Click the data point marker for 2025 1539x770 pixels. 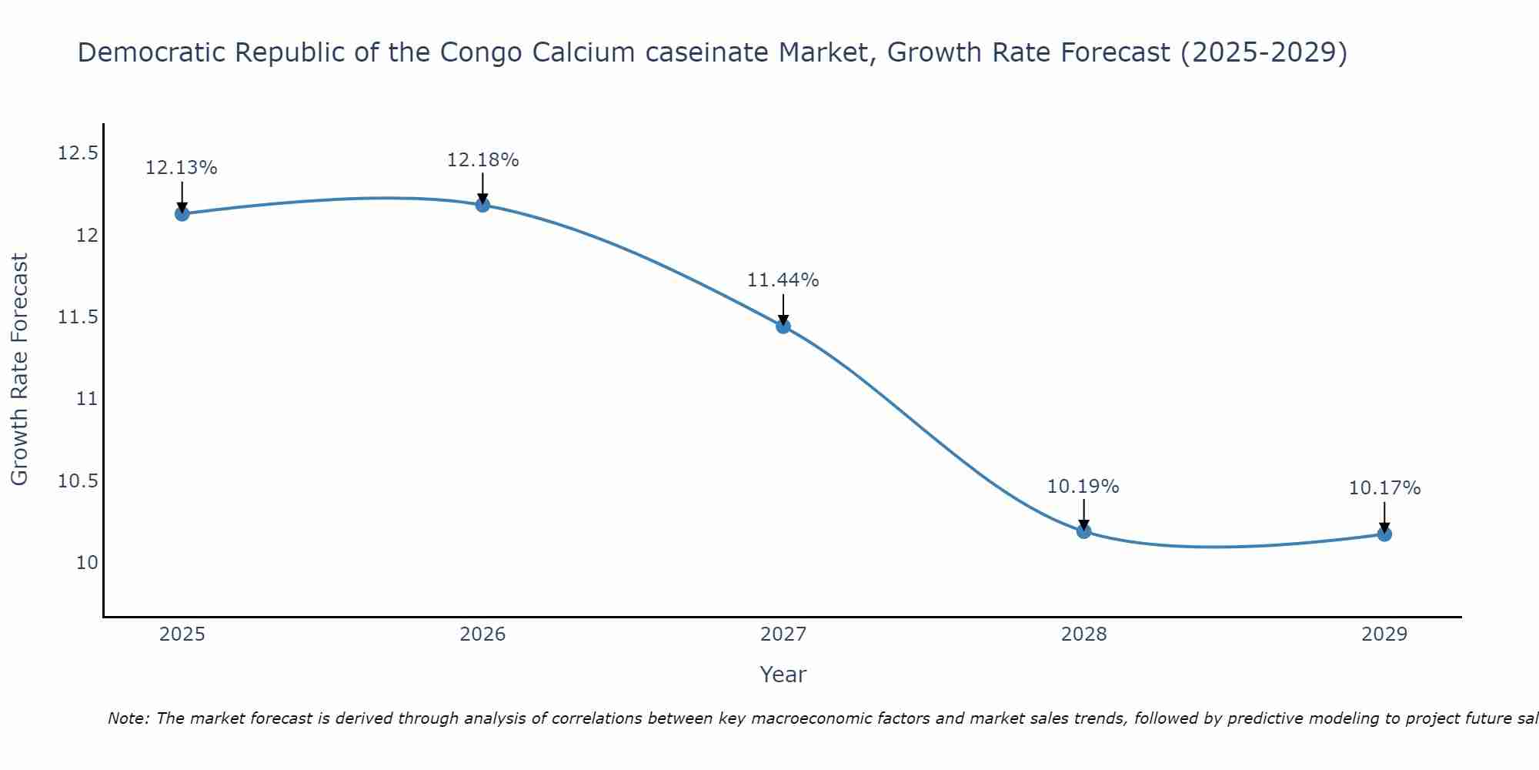click(182, 213)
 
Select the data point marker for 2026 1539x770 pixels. click(482, 205)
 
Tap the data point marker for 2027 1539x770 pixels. click(783, 326)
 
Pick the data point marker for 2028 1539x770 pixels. click(1083, 531)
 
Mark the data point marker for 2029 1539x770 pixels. click(1384, 534)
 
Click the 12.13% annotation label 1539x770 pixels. click(182, 168)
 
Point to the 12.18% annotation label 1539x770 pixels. click(482, 160)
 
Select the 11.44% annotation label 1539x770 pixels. click(783, 280)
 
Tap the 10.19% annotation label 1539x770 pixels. click(1083, 487)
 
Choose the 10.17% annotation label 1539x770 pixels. click(1384, 488)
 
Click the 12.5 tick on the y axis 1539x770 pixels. click(78, 153)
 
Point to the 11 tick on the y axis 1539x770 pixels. click(87, 399)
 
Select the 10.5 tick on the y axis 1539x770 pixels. click(78, 481)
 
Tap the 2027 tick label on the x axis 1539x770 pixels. click(783, 634)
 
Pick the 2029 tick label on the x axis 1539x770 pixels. click(1384, 634)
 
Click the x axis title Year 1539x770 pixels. click(783, 675)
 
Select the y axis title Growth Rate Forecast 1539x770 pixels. click(20, 370)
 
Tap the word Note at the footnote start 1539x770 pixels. click(128, 718)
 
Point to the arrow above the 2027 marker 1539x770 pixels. click(783, 310)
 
